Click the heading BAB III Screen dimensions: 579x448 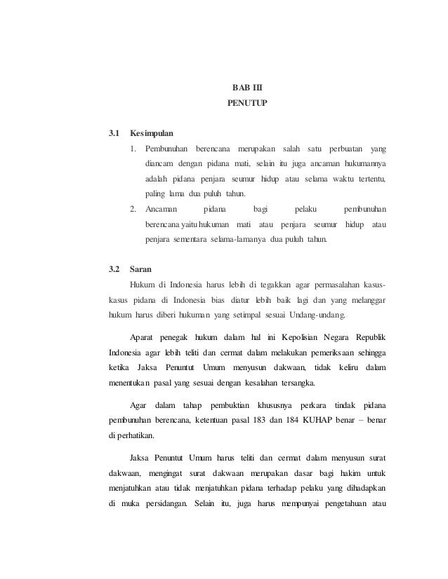coord(246,88)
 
